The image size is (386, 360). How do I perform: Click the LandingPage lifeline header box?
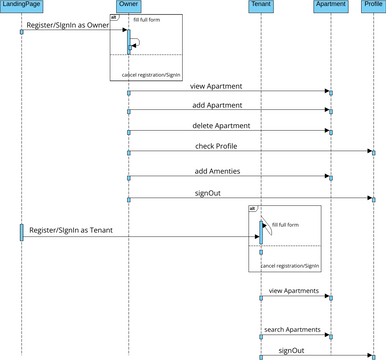[x=20, y=5]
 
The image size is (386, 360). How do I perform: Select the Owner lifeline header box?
[x=128, y=5]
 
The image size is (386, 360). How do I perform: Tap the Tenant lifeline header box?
[x=260, y=5]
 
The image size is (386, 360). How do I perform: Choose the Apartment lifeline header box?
[x=330, y=5]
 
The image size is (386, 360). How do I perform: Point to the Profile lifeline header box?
[x=372, y=5]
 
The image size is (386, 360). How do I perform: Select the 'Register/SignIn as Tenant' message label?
[x=70, y=230]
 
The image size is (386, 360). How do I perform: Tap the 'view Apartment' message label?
[x=215, y=86]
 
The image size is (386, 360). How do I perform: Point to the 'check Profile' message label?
[x=216, y=146]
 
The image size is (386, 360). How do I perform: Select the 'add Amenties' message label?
[x=215, y=171]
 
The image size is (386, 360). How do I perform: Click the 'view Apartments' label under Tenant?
[x=294, y=290]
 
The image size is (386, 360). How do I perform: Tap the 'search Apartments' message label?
[x=293, y=329]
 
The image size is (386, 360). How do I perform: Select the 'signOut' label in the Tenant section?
[x=291, y=350]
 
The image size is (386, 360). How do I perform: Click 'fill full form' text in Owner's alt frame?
[x=147, y=20]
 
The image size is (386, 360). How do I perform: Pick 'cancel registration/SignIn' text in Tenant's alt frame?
[x=290, y=266]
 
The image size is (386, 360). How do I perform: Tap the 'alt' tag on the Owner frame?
[x=114, y=18]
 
